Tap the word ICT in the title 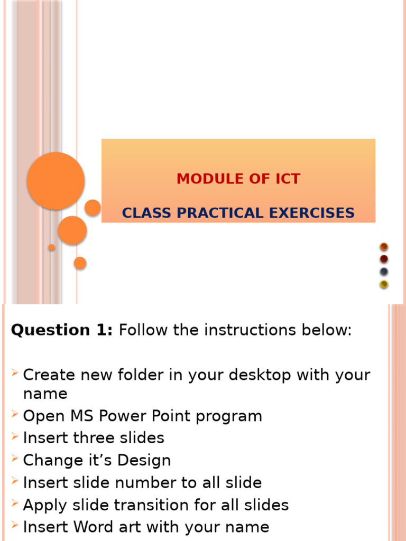tap(288, 179)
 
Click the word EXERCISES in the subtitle tap(312, 213)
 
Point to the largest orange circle tap(56, 181)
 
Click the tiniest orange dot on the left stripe tap(51, 247)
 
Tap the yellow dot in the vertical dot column tap(384, 284)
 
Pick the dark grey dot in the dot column tap(384, 272)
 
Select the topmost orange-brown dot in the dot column tap(384, 247)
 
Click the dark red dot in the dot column tap(384, 259)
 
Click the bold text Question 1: tap(62, 330)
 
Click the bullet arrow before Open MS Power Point tap(14, 413)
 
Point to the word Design tap(144, 461)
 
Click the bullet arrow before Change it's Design tap(14, 458)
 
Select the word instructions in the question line tap(250, 330)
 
